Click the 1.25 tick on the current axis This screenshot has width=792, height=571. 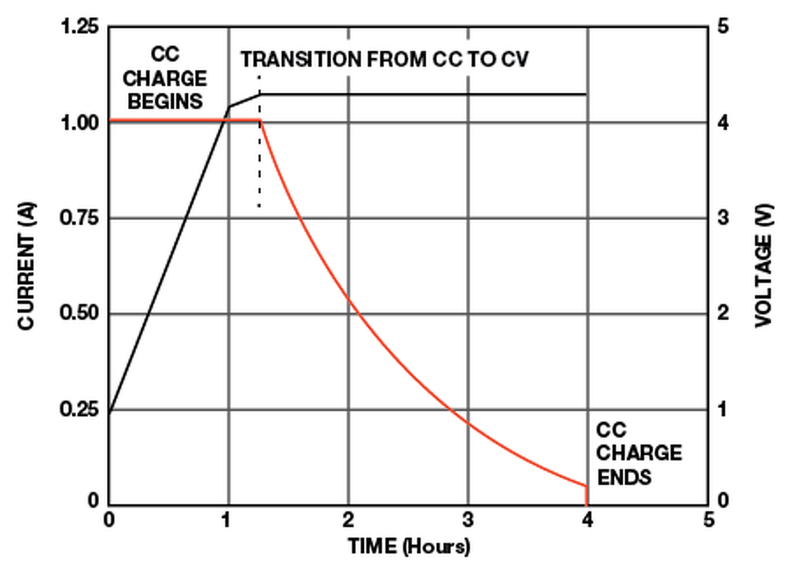79,27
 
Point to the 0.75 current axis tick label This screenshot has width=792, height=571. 79,218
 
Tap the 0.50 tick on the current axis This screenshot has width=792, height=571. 79,314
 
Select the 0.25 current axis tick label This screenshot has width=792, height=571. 79,410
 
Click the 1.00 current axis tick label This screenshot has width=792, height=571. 79,122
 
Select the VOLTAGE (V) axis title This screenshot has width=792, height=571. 764,266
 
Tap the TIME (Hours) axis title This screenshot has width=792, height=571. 409,546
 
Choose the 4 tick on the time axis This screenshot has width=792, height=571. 587,520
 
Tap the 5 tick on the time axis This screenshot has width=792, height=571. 708,520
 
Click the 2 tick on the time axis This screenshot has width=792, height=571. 348,520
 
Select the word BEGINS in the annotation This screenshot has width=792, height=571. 165,101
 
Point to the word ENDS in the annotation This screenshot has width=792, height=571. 624,477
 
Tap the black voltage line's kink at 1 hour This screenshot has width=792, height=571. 230,107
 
